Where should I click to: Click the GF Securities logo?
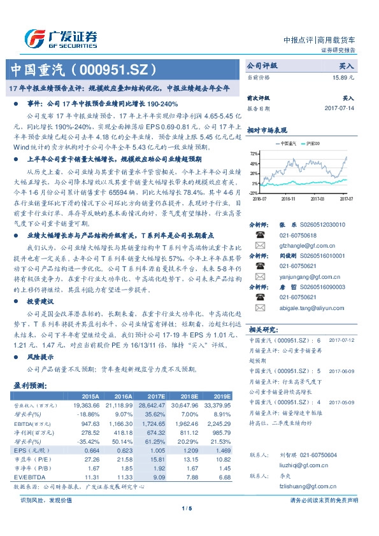click(x=60, y=37)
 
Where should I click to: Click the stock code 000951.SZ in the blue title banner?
click(x=113, y=69)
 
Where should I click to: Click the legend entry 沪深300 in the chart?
click(x=313, y=144)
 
